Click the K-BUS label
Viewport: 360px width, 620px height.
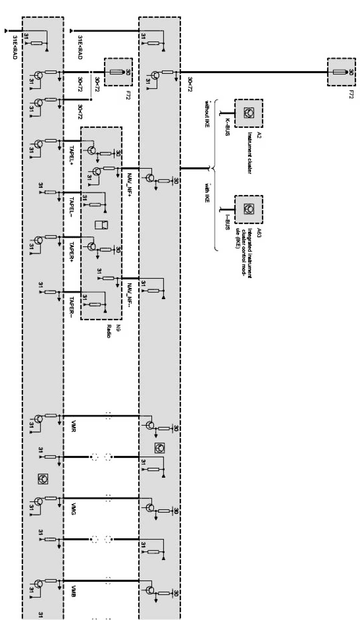227,127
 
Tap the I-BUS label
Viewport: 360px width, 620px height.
227,223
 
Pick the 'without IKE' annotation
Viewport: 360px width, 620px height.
207,113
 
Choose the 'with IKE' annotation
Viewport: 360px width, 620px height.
207,193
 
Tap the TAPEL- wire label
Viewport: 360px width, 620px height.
72,206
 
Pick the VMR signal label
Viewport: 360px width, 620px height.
73,427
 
